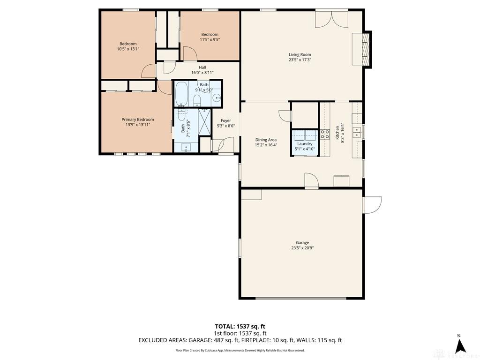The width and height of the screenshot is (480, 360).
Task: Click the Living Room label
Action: pos(300,55)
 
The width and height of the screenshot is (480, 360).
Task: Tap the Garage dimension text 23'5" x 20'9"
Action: pos(302,248)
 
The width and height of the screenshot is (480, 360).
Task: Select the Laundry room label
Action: pos(305,144)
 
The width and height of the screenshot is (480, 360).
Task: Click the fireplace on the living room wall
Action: pos(367,49)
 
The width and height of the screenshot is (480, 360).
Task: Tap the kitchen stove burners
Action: pos(325,134)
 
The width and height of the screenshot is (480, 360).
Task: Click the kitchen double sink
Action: pos(357,132)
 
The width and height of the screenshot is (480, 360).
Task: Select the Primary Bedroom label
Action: pos(138,120)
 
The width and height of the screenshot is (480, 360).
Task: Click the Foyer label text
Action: pos(226,120)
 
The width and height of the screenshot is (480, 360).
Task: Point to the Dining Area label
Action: pos(266,140)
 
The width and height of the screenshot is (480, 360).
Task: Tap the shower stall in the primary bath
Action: pos(204,122)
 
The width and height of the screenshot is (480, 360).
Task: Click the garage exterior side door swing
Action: pos(372,205)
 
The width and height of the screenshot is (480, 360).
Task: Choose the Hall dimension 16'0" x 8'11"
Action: pos(202,73)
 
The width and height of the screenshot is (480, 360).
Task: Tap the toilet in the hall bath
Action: pos(197,100)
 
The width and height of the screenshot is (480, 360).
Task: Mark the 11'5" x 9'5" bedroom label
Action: pos(210,39)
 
